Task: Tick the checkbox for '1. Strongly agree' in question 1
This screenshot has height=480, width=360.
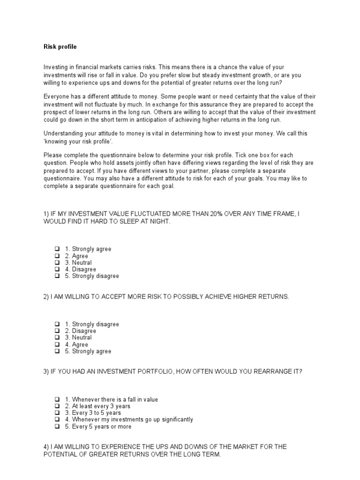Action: pyautogui.click(x=57, y=249)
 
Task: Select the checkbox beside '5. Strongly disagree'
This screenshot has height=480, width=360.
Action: pyautogui.click(x=57, y=276)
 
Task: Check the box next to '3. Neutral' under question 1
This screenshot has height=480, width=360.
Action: pyautogui.click(x=57, y=262)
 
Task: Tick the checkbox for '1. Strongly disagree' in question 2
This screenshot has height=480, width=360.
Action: pyautogui.click(x=57, y=324)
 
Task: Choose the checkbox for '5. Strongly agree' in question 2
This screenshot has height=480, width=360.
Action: pyautogui.click(x=57, y=351)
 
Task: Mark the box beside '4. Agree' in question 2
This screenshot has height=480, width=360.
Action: pyautogui.click(x=57, y=345)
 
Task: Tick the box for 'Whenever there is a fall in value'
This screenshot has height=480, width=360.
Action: pyautogui.click(x=57, y=399)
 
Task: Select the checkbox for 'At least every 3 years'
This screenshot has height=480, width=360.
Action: pyautogui.click(x=57, y=406)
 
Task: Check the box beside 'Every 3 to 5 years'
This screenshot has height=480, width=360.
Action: pyautogui.click(x=57, y=413)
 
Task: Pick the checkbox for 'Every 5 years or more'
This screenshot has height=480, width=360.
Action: pyautogui.click(x=57, y=427)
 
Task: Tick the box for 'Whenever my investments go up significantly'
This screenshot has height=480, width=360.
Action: pyautogui.click(x=57, y=420)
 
